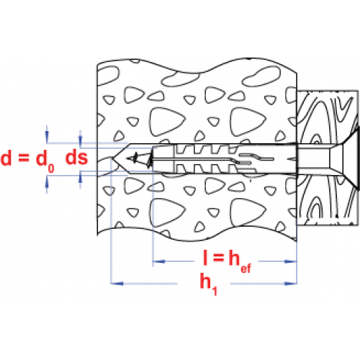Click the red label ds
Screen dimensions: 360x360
(77, 158)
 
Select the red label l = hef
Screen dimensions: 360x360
(227, 261)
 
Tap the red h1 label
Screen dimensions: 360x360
(208, 284)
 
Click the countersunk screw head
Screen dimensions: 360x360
(346, 158)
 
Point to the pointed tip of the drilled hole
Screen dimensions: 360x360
(113, 158)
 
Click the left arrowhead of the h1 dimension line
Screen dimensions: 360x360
(117, 284)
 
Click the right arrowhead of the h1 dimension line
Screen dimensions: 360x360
(291, 284)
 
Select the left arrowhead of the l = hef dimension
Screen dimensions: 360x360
(159, 261)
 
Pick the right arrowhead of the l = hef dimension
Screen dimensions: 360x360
(291, 261)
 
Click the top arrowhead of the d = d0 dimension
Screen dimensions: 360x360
(47, 138)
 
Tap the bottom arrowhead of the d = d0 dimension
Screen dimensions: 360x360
(47, 181)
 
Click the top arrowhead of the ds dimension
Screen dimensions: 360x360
(81, 142)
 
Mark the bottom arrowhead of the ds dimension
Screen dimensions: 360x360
(81, 177)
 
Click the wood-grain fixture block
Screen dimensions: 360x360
(328, 158)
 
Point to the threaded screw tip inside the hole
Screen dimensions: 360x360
(140, 159)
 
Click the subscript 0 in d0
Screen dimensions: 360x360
(51, 168)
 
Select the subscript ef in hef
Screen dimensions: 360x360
(246, 268)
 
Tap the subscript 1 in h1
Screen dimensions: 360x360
(215, 290)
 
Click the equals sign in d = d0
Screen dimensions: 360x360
(24, 158)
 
